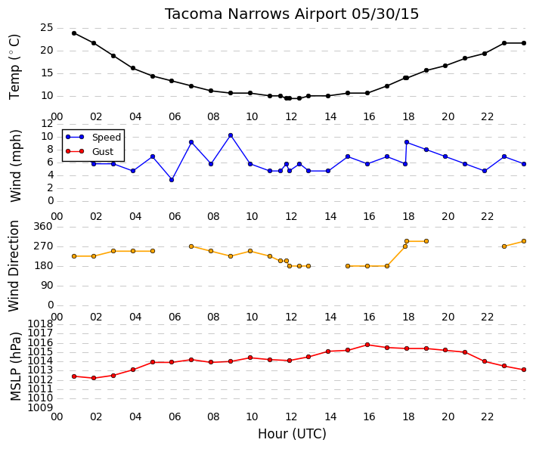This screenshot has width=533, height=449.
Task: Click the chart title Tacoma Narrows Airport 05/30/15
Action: pyautogui.click(x=292, y=14)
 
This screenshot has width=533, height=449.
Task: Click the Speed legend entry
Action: pyautogui.click(x=93, y=137)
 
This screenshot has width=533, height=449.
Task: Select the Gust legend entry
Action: pyautogui.click(x=89, y=151)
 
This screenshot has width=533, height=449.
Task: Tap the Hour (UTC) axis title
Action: pyautogui.click(x=292, y=434)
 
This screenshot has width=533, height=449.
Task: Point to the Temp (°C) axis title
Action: pyautogui.click(x=14, y=67)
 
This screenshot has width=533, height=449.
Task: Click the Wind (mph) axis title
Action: pyautogui.click(x=16, y=166)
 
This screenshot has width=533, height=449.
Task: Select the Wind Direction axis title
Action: pyautogui.click(x=14, y=266)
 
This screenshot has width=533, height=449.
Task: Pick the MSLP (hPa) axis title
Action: pyautogui.click(x=16, y=366)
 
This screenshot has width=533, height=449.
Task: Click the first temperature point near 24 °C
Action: pyautogui.click(x=74, y=33)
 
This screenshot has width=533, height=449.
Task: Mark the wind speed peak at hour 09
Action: pyautogui.click(x=231, y=135)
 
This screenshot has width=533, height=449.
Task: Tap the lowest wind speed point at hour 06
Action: pyautogui.click(x=172, y=180)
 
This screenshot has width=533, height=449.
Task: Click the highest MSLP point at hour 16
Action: pyautogui.click(x=367, y=345)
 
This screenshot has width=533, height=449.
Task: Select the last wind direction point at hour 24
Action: pyautogui.click(x=524, y=241)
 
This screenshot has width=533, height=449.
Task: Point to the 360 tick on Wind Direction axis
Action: pyautogui.click(x=43, y=226)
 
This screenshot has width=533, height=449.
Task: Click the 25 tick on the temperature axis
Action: pyautogui.click(x=47, y=27)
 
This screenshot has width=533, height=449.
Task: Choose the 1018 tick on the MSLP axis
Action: pyautogui.click(x=41, y=324)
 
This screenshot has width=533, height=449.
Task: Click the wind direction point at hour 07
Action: pyautogui.click(x=191, y=246)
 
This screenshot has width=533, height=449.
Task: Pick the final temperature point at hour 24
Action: pyautogui.click(x=524, y=43)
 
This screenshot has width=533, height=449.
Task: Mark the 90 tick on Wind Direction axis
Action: pyautogui.click(x=47, y=286)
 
